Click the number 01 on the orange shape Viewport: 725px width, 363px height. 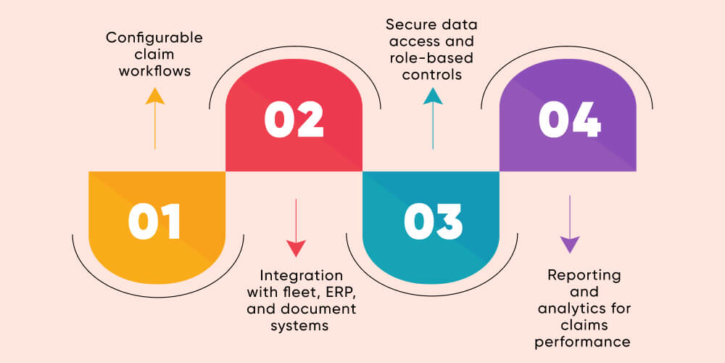(x=154, y=221)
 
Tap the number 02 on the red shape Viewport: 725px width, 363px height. (x=294, y=121)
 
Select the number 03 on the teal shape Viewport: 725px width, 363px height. (x=432, y=221)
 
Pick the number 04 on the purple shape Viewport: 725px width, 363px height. (x=569, y=121)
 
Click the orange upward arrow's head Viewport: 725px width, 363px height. (x=154, y=97)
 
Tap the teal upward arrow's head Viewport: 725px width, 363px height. (x=433, y=97)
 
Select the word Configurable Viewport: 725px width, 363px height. (x=154, y=38)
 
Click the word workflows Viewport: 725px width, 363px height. (x=154, y=71)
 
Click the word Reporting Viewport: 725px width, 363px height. (x=584, y=275)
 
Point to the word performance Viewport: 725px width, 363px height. (x=584, y=341)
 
